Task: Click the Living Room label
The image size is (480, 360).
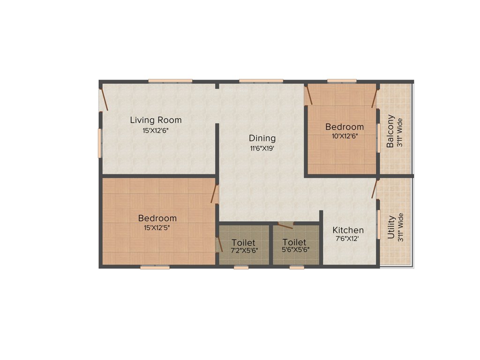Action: pyautogui.click(x=156, y=120)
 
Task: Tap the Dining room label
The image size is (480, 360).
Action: pyautogui.click(x=262, y=138)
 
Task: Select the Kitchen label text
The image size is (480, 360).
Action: pyautogui.click(x=348, y=230)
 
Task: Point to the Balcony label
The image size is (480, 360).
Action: pyautogui.click(x=390, y=132)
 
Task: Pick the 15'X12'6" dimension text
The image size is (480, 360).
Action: pyautogui.click(x=156, y=131)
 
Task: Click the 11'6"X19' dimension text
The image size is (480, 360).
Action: pyautogui.click(x=262, y=149)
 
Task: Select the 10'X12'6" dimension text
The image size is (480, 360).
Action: pyautogui.click(x=345, y=137)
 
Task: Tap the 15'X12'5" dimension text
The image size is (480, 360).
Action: pyautogui.click(x=157, y=228)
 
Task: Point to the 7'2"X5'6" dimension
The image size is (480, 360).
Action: pyautogui.click(x=244, y=251)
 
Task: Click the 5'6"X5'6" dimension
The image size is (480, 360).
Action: pyautogui.click(x=294, y=251)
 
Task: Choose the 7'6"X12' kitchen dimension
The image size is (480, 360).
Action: pyautogui.click(x=348, y=239)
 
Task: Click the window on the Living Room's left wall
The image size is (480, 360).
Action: pyautogui.click(x=99, y=143)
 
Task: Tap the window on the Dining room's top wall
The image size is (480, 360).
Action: pyautogui.click(x=261, y=81)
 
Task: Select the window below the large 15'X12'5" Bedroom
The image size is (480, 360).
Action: pyautogui.click(x=155, y=267)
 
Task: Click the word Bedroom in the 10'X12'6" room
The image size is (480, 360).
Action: pyautogui.click(x=345, y=127)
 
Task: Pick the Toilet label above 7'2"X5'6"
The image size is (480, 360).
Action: pyautogui.click(x=244, y=242)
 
